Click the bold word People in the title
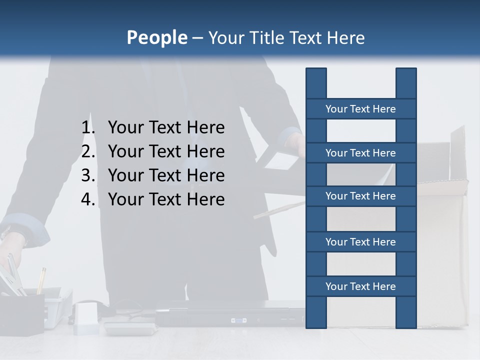156,37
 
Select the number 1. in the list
88,127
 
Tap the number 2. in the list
88,151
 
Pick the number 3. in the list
88,175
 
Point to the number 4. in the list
88,199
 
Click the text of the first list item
166,127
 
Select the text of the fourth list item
166,199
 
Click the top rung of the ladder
360,109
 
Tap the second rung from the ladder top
360,153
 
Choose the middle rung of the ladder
360,196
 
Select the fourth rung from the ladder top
360,242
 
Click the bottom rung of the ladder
360,286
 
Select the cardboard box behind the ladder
442,240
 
